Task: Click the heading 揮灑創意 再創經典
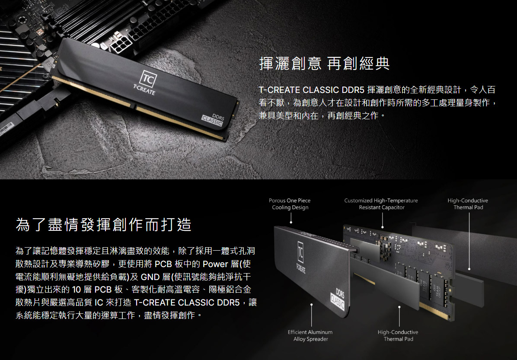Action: click(324, 64)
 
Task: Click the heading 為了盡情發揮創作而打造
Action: click(103, 225)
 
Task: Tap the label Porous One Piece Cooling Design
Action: click(290, 204)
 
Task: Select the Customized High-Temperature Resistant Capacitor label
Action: click(381, 204)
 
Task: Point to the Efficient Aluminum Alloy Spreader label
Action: click(310, 335)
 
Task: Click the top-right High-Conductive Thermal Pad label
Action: click(468, 204)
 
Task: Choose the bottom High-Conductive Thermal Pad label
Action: click(398, 335)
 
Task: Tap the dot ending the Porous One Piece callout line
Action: click(291, 223)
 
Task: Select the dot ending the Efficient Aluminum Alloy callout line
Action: click(311, 305)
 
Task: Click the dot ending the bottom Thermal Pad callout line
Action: click(399, 307)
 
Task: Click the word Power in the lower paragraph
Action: click(214, 264)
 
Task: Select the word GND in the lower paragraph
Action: click(150, 277)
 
